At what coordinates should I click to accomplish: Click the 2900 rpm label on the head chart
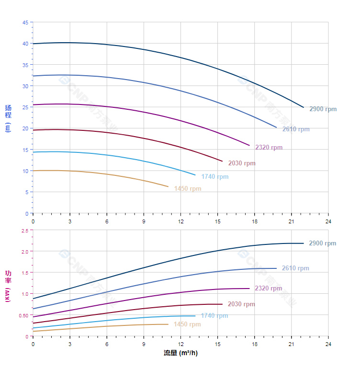[x=323, y=109]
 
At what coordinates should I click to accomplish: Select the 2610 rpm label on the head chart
[x=296, y=129]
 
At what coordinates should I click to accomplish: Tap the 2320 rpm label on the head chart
[x=269, y=147]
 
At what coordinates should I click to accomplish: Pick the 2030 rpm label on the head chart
[x=242, y=163]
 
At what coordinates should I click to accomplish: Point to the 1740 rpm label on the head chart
[x=215, y=176]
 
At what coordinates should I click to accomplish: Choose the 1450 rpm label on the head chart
[x=188, y=188]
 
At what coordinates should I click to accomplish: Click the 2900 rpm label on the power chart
[x=322, y=243]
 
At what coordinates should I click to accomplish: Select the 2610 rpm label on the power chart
[x=295, y=268]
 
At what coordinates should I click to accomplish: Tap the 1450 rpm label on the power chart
[x=187, y=324]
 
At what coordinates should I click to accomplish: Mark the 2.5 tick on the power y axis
[x=24, y=231]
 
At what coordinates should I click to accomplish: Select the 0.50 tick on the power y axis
[x=23, y=315]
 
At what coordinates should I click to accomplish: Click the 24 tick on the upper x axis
[x=328, y=221]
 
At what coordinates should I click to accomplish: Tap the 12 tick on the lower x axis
[x=180, y=344]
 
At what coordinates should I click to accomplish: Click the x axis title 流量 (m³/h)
[x=180, y=353]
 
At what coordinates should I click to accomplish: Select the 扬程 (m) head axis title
[x=8, y=118]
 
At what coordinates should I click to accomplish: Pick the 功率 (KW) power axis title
[x=8, y=286]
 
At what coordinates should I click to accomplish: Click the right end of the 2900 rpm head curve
[x=304, y=107]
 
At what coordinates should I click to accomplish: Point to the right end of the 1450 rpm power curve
[x=169, y=324]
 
